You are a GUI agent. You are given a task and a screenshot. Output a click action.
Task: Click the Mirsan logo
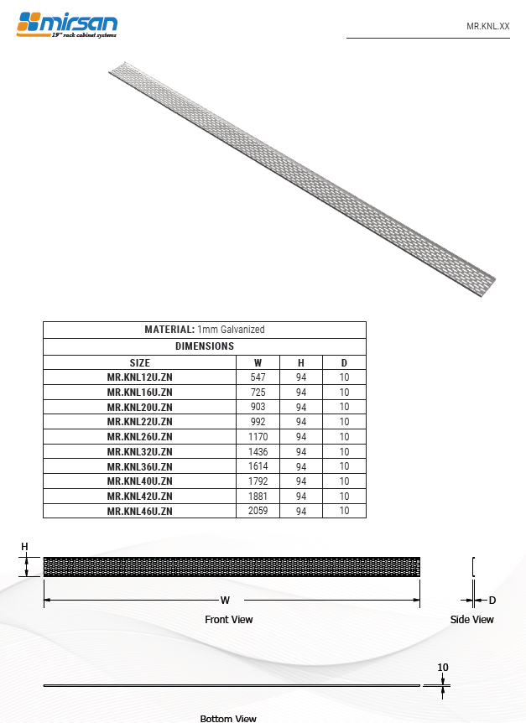(67, 24)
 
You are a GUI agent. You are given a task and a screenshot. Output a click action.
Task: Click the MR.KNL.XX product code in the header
(487, 27)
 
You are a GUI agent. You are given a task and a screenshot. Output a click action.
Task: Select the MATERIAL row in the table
(205, 330)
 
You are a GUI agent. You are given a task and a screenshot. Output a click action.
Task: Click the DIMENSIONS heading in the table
(205, 346)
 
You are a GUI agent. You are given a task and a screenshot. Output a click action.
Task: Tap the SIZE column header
(140, 362)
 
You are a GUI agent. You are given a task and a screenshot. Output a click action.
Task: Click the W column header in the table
(258, 362)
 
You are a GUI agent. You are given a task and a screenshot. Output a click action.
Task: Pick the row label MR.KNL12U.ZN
(140, 377)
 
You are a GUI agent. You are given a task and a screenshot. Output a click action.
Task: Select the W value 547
(258, 377)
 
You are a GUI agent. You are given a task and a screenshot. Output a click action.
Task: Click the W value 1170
(258, 437)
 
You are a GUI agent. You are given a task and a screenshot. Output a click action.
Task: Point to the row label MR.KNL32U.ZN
(140, 451)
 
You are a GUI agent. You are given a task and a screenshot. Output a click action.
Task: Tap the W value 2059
(258, 511)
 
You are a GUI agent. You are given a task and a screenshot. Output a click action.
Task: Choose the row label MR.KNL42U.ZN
(140, 496)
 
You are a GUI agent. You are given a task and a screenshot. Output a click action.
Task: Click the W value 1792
(258, 481)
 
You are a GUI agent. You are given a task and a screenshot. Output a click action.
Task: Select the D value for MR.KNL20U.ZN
(344, 407)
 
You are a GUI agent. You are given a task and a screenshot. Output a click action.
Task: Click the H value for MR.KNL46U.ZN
(301, 511)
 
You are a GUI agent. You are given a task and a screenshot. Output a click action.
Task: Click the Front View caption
(228, 620)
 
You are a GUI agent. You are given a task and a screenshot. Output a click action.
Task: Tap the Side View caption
(471, 620)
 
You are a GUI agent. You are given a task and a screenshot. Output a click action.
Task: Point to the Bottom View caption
(228, 719)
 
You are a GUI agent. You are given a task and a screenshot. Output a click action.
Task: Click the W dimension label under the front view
(225, 601)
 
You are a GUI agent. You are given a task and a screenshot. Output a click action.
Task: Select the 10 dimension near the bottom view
(443, 668)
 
